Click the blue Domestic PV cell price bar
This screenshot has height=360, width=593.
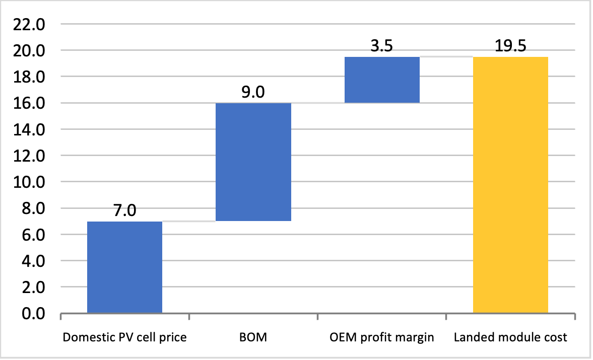tap(124, 267)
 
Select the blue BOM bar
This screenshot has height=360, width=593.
tap(253, 162)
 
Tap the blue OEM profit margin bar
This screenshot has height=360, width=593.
tap(381, 80)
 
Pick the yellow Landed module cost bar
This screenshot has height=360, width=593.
tap(510, 185)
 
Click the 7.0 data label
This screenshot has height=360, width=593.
tap(124, 210)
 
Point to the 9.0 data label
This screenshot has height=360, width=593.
tap(253, 92)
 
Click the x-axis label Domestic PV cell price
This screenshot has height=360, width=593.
tap(124, 338)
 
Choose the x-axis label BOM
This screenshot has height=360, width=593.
tap(253, 338)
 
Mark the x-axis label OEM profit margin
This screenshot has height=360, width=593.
tap(381, 338)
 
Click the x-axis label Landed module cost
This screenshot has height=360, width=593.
tap(510, 338)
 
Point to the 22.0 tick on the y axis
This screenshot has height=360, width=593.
tap(31, 24)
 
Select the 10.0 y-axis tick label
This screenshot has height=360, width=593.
tap(31, 182)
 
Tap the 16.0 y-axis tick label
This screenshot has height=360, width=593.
tap(31, 103)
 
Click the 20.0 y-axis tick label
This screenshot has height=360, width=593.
tap(31, 50)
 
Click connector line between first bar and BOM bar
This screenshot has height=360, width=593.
tap(188, 222)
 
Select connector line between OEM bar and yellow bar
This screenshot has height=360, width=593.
tap(446, 57)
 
